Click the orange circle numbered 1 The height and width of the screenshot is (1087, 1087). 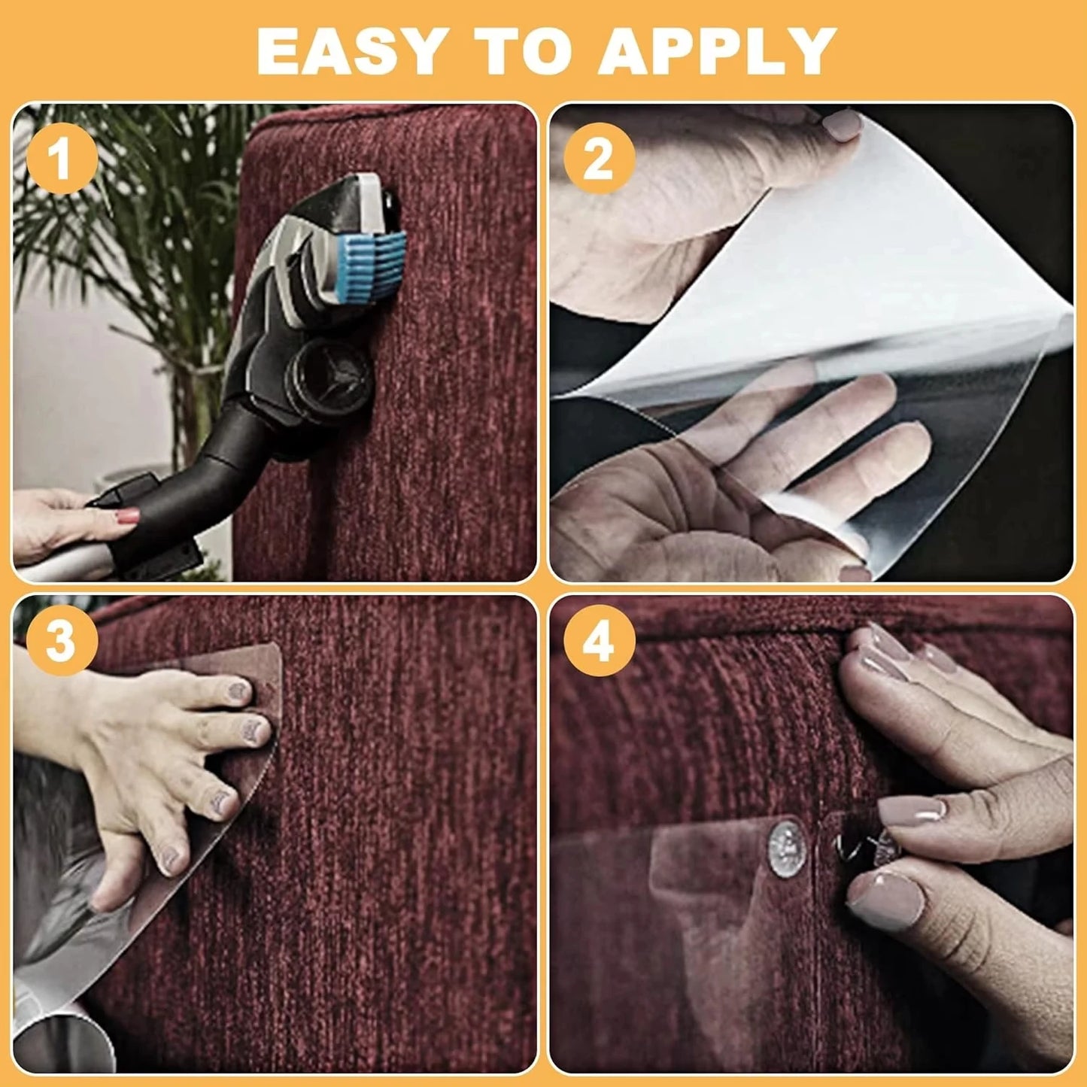click(62, 159)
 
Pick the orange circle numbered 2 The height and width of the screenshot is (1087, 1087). click(600, 159)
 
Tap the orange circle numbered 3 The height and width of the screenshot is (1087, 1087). click(62, 640)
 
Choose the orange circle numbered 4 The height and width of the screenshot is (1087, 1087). click(600, 640)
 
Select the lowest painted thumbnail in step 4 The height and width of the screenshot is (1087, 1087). click(886, 899)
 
